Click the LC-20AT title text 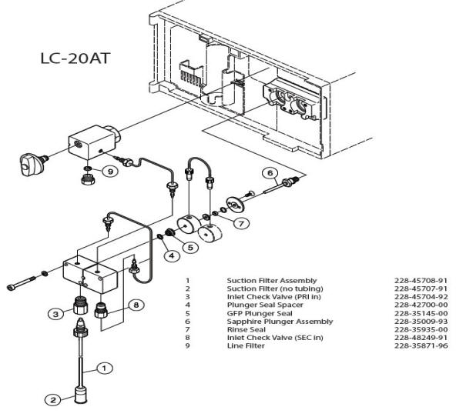click(x=75, y=58)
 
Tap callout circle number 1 click(x=104, y=369)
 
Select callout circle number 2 click(x=53, y=400)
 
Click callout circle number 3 click(x=55, y=314)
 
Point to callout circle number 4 click(x=172, y=255)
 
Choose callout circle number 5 click(x=190, y=248)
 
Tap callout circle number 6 click(x=270, y=173)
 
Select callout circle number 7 click(x=241, y=223)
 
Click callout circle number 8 click(x=136, y=305)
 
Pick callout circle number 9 click(x=110, y=172)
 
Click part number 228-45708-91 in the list click(x=421, y=281)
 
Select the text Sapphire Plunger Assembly click(x=280, y=322)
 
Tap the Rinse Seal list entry click(x=246, y=329)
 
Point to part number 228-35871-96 click(x=421, y=346)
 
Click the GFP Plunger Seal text click(x=260, y=313)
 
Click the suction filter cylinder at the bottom click(x=81, y=395)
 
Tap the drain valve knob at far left click(x=31, y=164)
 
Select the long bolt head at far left click(x=11, y=288)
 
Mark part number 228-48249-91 click(x=421, y=338)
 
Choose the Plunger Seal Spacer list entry click(x=265, y=305)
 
